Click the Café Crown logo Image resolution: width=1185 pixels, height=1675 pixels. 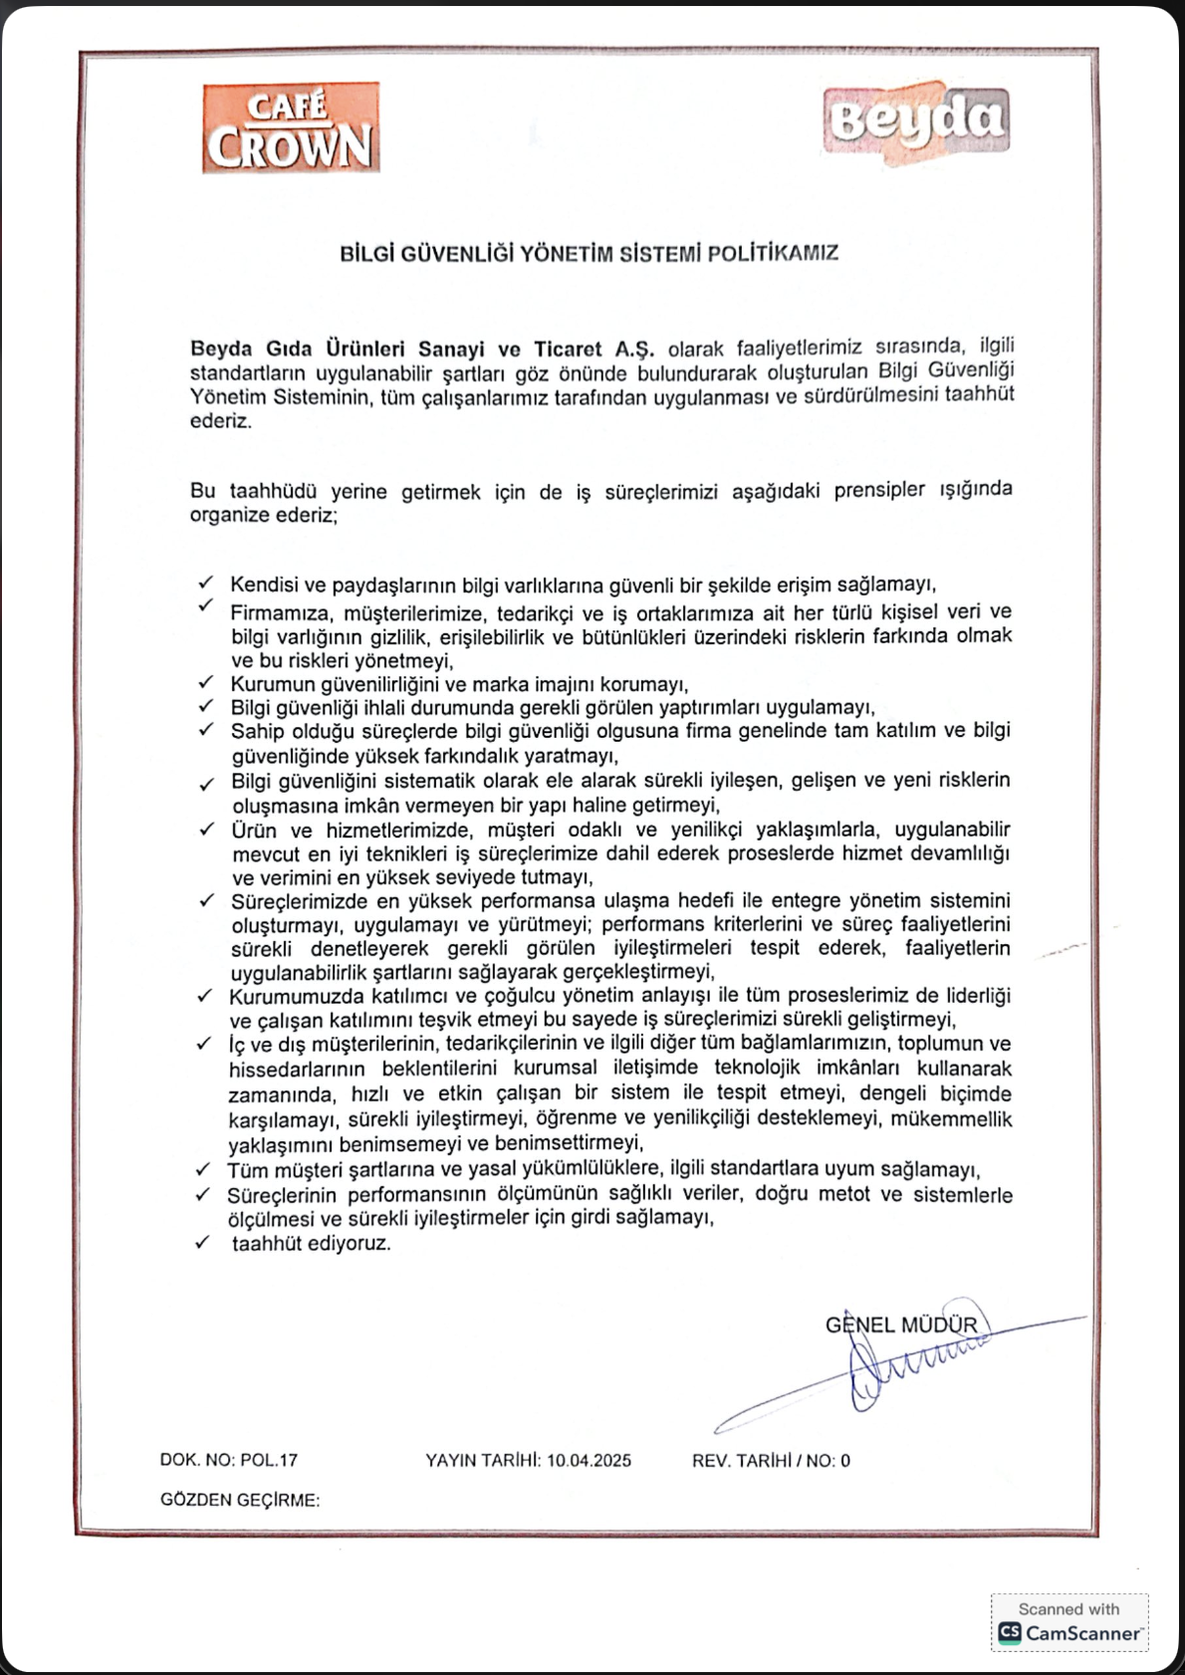(x=291, y=127)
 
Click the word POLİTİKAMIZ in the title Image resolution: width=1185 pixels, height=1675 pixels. (x=773, y=253)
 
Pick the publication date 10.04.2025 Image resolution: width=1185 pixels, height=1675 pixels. (x=589, y=1460)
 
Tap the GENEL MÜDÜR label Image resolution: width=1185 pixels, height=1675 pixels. (x=901, y=1325)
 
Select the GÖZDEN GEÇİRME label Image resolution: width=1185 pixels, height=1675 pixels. (x=240, y=1500)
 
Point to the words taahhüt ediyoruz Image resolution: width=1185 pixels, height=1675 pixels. (x=312, y=1244)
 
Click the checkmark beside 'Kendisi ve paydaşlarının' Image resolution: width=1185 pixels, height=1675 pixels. (x=206, y=583)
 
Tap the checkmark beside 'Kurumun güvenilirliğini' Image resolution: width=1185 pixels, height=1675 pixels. (x=206, y=682)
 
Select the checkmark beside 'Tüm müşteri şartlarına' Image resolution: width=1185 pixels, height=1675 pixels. (x=203, y=1168)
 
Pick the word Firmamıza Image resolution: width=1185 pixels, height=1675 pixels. (x=280, y=612)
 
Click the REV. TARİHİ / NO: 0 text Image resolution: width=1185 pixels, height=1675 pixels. (x=771, y=1461)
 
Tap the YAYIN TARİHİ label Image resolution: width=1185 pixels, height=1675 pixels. (x=482, y=1460)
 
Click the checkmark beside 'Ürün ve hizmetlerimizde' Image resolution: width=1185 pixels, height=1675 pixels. (x=206, y=829)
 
